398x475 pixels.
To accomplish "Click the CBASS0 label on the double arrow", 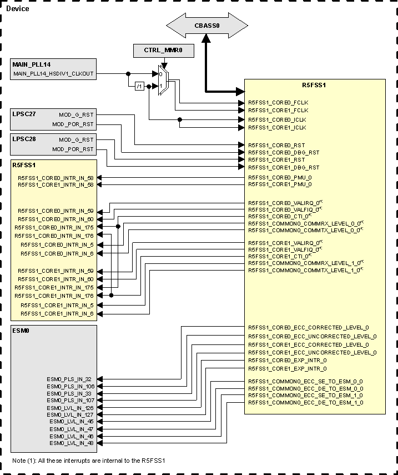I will point(206,25).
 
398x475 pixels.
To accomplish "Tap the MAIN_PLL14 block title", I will point(31,64).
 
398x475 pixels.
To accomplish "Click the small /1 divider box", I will point(140,86).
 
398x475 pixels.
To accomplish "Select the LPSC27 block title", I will point(24,114).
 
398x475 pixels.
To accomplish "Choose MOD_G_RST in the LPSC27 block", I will point(77,115).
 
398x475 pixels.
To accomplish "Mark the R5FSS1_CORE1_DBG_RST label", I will point(283,167).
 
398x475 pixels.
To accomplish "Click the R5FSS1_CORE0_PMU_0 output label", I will point(279,177).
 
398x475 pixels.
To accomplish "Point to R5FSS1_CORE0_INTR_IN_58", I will point(56,178).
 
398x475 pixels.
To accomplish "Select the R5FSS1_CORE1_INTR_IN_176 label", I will point(54,296).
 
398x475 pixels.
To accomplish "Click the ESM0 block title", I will point(21,331).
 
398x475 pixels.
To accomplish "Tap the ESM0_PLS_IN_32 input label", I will point(70,379).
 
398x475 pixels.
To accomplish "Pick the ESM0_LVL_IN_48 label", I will point(72,443).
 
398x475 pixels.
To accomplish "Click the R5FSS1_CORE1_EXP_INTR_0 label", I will point(286,368).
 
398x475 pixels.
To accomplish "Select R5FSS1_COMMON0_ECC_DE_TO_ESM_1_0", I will point(305,402).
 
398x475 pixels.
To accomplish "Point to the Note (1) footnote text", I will point(89,461).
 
